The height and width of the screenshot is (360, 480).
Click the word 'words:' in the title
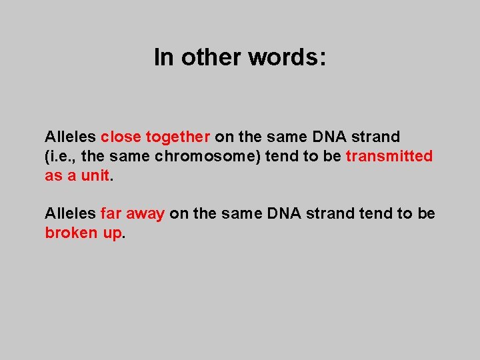287,57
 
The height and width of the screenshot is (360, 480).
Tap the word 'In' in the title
163,57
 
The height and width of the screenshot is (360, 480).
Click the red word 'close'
121,137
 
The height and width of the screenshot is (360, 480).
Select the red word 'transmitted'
389,156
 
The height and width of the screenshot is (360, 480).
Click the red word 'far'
111,213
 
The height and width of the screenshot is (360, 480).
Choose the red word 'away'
145,214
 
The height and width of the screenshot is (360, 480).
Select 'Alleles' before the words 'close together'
70,137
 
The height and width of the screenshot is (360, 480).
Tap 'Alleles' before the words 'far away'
70,213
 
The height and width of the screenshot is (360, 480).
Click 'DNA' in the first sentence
328,137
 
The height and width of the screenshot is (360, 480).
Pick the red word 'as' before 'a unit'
53,175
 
